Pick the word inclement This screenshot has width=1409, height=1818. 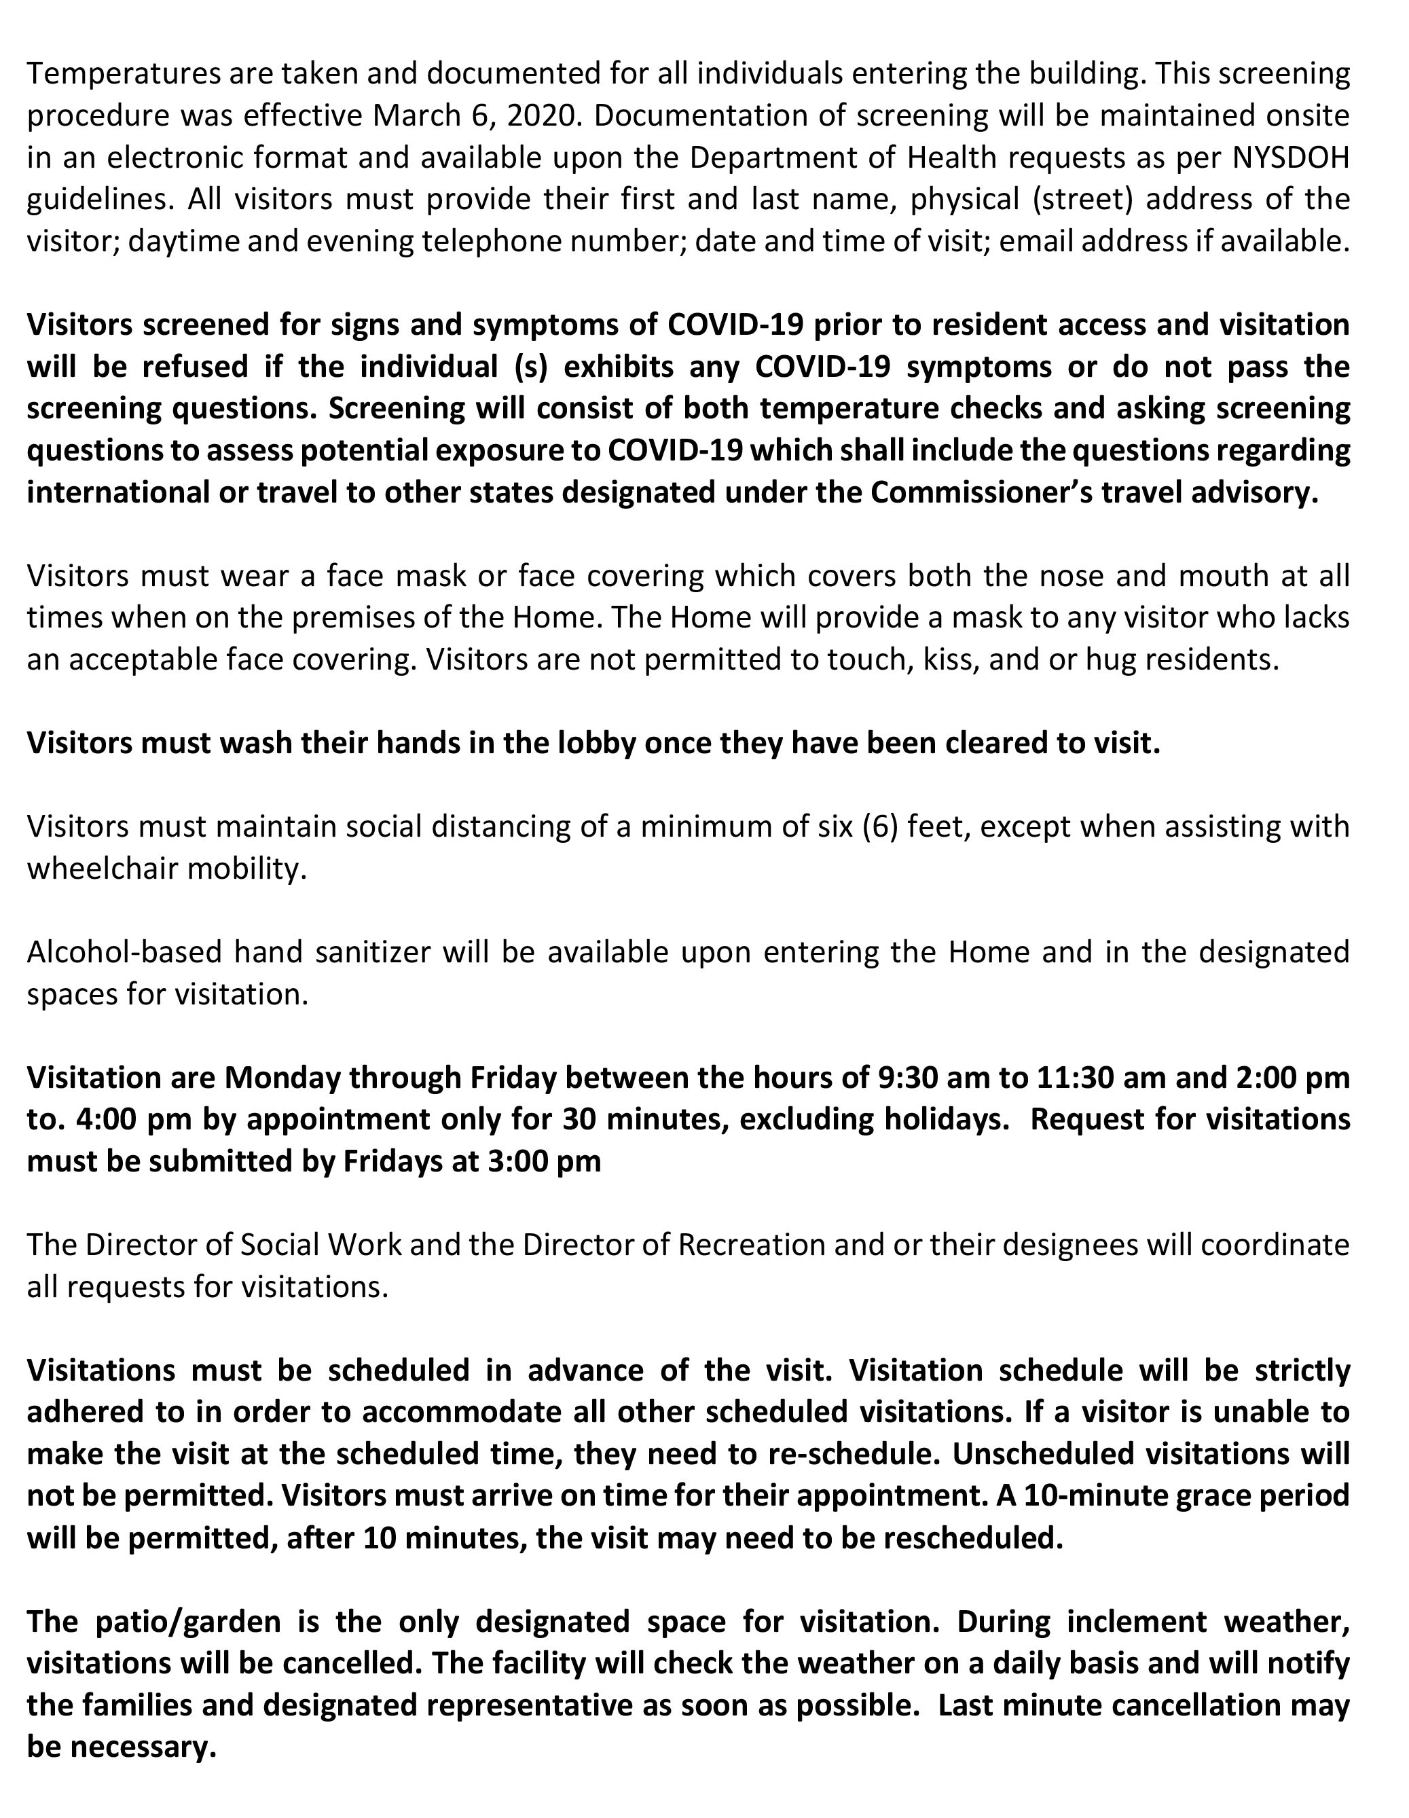tap(1133, 1621)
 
